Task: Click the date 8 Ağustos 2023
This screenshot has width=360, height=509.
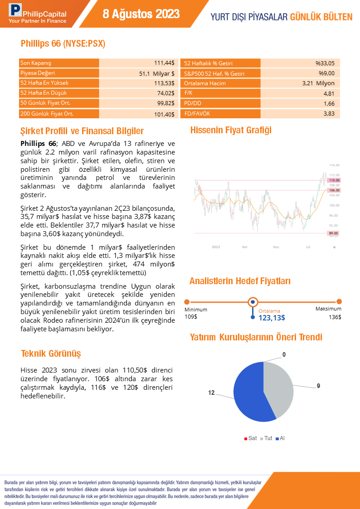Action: click(x=141, y=14)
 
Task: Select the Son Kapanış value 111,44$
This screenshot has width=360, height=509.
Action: click(x=164, y=63)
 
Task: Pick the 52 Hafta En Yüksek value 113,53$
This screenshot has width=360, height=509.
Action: click(x=164, y=83)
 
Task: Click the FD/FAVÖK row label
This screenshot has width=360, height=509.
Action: click(x=197, y=113)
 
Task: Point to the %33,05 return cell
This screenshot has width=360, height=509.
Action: click(x=325, y=63)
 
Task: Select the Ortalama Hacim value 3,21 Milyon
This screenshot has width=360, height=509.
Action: click(x=318, y=83)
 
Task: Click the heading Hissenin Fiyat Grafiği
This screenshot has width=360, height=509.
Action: click(x=231, y=131)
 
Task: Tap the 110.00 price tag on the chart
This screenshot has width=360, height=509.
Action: click(x=334, y=180)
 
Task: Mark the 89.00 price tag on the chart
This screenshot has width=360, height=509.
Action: click(x=334, y=233)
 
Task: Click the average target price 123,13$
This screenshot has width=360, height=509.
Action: click(x=272, y=318)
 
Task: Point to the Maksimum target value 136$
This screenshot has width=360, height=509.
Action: click(x=335, y=317)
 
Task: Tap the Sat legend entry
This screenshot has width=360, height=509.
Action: click(x=250, y=438)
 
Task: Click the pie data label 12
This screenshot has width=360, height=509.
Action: click(x=211, y=393)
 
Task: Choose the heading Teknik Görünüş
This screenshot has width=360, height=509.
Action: click(x=51, y=354)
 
